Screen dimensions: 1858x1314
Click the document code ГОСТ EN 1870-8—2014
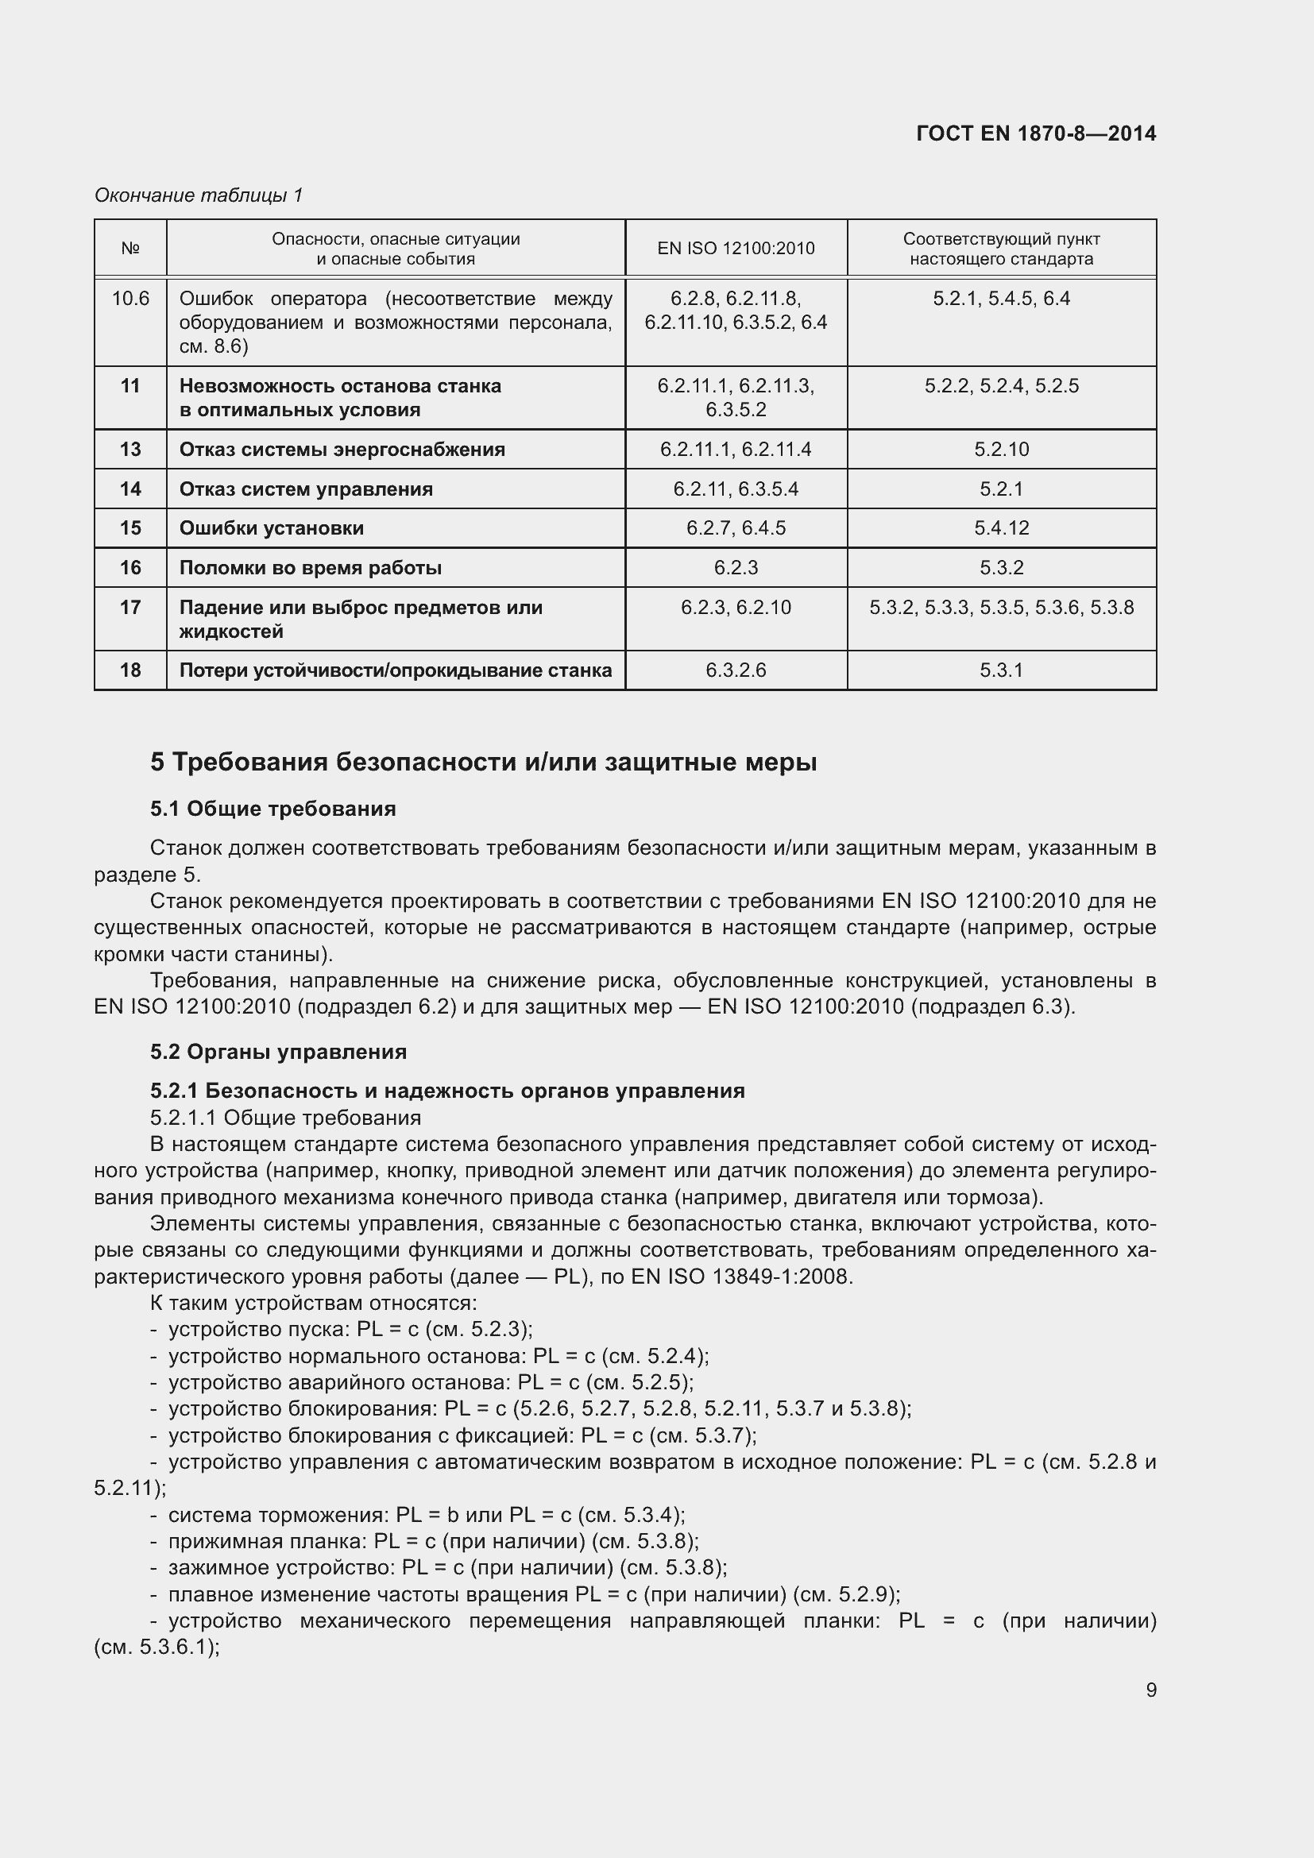coord(1036,133)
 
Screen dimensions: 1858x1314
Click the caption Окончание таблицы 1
coord(199,195)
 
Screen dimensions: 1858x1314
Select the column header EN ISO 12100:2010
coord(736,249)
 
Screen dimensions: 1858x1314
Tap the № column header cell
coord(130,249)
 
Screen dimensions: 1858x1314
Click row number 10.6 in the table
coord(130,299)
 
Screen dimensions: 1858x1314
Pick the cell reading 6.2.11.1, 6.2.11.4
coord(736,449)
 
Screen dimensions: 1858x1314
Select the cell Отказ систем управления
coord(306,489)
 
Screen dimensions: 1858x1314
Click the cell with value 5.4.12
coord(1001,527)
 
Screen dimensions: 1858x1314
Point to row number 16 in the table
coord(130,567)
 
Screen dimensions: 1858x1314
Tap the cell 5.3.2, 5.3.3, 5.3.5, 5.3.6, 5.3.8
coord(1001,607)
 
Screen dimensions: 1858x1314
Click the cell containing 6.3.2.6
coord(736,670)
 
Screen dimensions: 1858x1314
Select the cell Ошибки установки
coord(271,527)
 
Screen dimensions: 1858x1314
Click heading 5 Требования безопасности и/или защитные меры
coord(483,763)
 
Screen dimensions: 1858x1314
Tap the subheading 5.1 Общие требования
coord(272,809)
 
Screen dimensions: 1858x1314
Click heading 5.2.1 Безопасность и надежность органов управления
coord(446,1091)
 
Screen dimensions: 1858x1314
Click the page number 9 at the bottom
coord(1150,1690)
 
